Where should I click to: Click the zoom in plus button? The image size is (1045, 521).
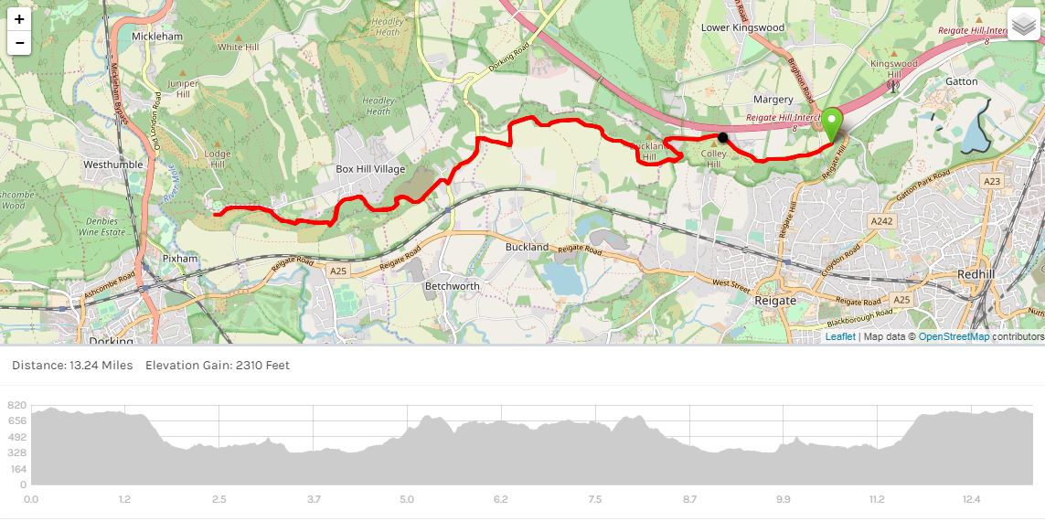[19, 19]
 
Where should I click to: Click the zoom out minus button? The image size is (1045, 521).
[19, 43]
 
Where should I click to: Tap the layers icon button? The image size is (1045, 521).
[1024, 24]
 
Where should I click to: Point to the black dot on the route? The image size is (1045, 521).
[723, 138]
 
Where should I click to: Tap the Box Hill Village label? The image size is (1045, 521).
[370, 169]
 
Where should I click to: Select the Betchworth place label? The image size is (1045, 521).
[452, 286]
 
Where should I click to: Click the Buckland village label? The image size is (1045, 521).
[527, 247]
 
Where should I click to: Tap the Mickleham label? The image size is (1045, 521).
[157, 37]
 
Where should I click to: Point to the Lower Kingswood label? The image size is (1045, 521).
[742, 27]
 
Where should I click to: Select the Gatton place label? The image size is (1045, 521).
[961, 81]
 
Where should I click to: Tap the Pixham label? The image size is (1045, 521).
[180, 259]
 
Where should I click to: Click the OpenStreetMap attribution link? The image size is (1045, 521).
[954, 336]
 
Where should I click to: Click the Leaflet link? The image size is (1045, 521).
[840, 336]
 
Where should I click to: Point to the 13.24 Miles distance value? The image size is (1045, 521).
[101, 366]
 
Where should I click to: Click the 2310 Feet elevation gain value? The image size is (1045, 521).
[262, 366]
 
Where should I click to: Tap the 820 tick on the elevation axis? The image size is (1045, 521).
[16, 406]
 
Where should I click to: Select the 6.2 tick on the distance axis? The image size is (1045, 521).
[500, 499]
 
